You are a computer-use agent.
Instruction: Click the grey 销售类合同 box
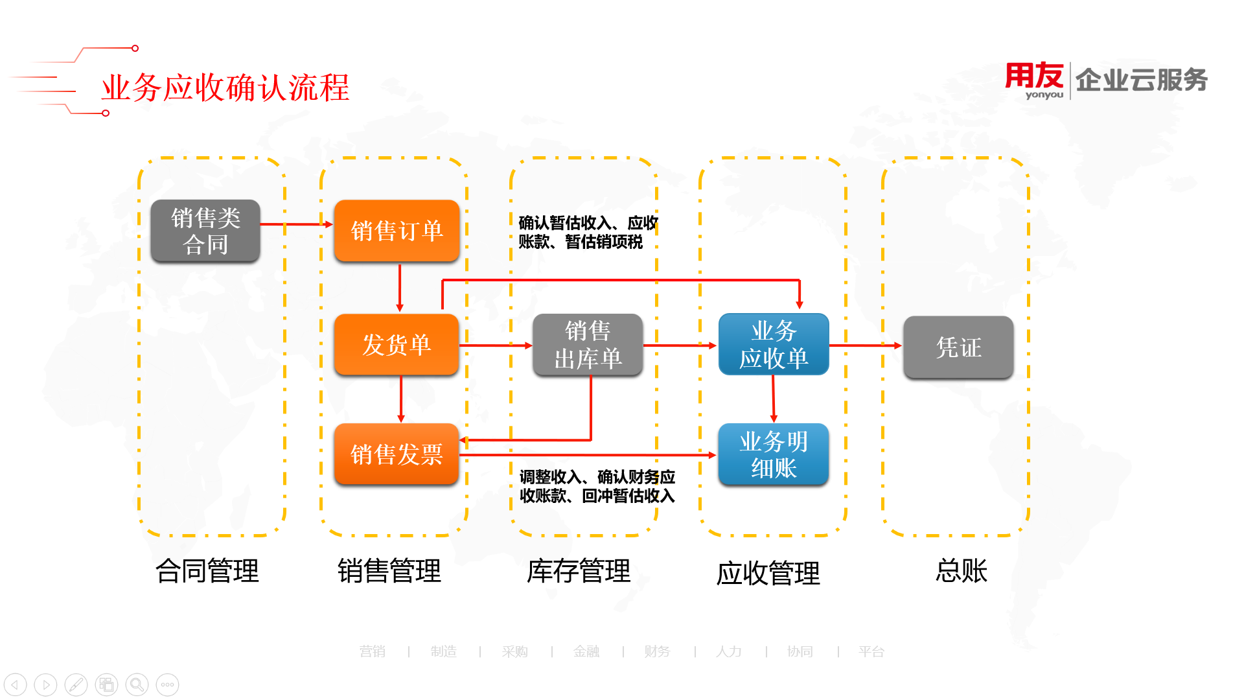205,231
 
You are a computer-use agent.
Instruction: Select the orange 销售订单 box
397,231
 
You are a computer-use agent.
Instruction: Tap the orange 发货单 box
397,345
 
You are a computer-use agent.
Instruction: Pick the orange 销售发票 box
397,454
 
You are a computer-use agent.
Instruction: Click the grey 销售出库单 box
588,345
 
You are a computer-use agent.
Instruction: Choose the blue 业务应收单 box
774,344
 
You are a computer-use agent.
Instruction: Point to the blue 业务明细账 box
774,454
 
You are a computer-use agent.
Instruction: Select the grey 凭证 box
958,347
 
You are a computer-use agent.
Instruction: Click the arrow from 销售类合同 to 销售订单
297,224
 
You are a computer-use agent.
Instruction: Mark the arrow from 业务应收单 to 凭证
866,345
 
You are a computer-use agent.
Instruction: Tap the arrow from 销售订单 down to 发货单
400,288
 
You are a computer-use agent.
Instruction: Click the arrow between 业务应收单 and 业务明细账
773,399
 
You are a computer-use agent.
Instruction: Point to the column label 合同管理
207,571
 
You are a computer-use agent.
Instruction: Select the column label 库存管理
579,571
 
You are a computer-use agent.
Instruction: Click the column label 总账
962,571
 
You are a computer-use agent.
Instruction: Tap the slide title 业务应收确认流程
225,87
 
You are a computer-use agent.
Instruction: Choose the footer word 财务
657,651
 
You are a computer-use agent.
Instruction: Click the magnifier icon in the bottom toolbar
137,684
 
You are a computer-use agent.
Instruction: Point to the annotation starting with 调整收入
597,486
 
